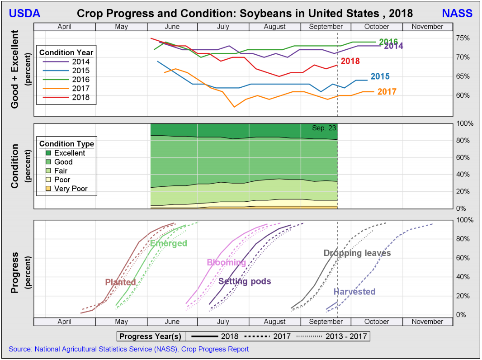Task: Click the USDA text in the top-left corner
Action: pyautogui.click(x=24, y=14)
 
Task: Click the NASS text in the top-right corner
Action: pyautogui.click(x=457, y=14)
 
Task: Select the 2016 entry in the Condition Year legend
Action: pyautogui.click(x=80, y=80)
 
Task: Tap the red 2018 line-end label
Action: pyautogui.click(x=350, y=61)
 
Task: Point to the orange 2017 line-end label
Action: pyautogui.click(x=387, y=92)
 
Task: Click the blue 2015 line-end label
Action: pyautogui.click(x=380, y=77)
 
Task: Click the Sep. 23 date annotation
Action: pyautogui.click(x=324, y=128)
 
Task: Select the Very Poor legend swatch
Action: pyautogui.click(x=48, y=189)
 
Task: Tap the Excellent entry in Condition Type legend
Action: pyautogui.click(x=69, y=153)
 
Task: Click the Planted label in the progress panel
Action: pyautogui.click(x=120, y=282)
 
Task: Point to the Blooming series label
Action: pyautogui.click(x=226, y=262)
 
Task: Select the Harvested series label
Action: pyautogui.click(x=354, y=292)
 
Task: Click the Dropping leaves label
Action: pyautogui.click(x=357, y=253)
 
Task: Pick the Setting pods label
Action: pyautogui.click(x=245, y=281)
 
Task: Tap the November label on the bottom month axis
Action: pyautogui.click(x=427, y=322)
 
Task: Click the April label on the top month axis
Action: pyautogui.click(x=65, y=27)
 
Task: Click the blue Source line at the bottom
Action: pyautogui.click(x=128, y=349)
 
